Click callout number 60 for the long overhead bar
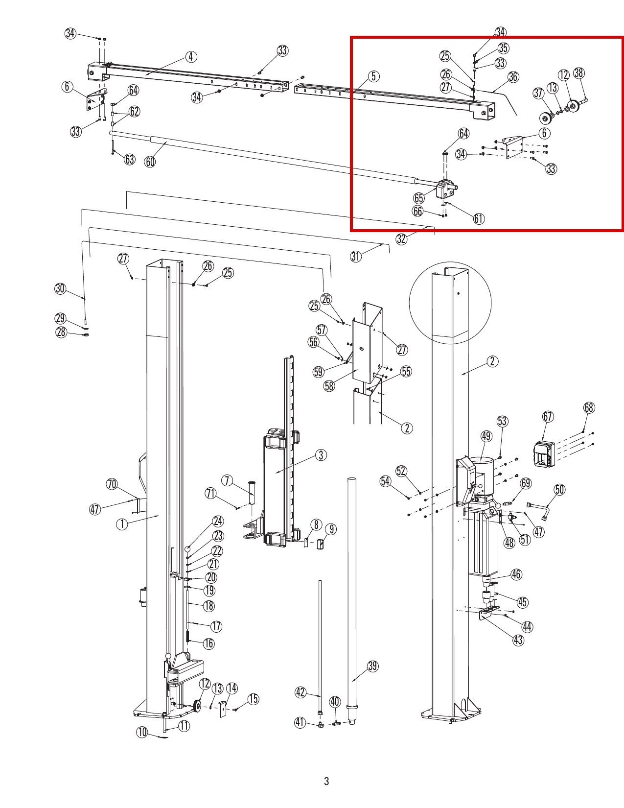(x=150, y=162)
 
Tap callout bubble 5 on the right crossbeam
(x=373, y=76)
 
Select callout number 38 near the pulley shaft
(x=579, y=73)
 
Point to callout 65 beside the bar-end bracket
(x=419, y=198)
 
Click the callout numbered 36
(x=513, y=77)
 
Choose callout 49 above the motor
(x=486, y=436)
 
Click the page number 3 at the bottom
(x=326, y=781)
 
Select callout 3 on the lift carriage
(x=321, y=455)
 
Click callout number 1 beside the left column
(x=122, y=524)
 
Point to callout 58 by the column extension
(x=329, y=386)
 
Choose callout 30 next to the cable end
(x=60, y=288)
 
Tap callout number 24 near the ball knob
(x=218, y=521)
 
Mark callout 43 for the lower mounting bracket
(x=518, y=640)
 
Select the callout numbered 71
(x=211, y=494)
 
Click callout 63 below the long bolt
(x=129, y=159)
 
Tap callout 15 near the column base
(x=253, y=699)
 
